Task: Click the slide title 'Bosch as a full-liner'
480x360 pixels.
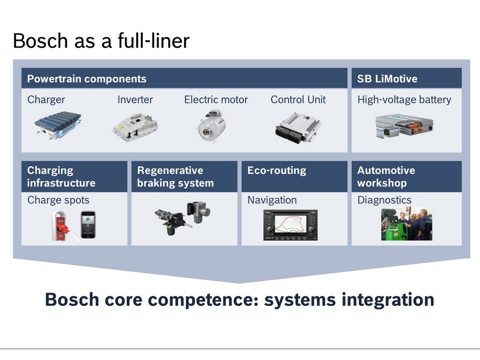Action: point(101,41)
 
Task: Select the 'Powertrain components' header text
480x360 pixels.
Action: point(86,79)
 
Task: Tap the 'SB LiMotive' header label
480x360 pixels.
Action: point(387,79)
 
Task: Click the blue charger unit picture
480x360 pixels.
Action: point(58,125)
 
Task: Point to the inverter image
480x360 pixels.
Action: point(136,128)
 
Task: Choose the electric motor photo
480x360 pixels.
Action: point(211,125)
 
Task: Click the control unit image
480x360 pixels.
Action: point(298,128)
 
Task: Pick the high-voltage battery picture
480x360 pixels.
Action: point(404,125)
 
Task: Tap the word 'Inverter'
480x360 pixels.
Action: point(135,100)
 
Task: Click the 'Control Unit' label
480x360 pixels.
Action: point(298,100)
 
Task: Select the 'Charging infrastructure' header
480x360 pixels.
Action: point(61,176)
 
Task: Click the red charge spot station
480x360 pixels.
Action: point(61,226)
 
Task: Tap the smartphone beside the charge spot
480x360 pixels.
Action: point(88,224)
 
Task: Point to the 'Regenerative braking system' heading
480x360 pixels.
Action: point(175,176)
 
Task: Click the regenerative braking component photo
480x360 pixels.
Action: point(183,218)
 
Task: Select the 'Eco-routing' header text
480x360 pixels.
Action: point(277,170)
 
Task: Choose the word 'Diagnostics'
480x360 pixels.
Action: point(385,200)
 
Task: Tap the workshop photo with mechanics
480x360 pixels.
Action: point(407,224)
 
